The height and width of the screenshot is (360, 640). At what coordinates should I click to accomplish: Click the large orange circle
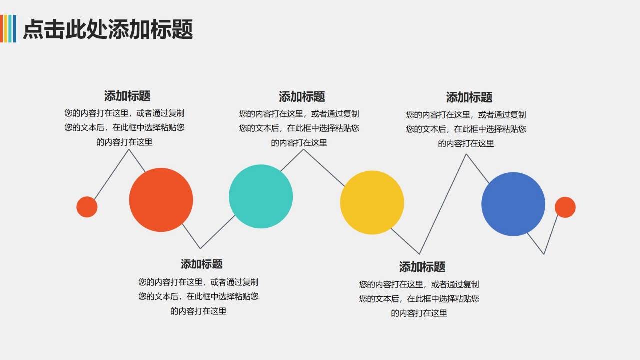[161, 200]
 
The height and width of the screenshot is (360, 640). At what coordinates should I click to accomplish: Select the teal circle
[261, 196]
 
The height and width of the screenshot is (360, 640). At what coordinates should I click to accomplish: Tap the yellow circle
[372, 202]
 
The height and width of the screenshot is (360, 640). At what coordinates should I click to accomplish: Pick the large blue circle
[513, 204]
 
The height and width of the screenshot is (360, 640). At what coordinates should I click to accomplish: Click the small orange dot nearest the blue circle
[565, 207]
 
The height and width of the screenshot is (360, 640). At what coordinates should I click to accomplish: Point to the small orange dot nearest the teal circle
[87, 207]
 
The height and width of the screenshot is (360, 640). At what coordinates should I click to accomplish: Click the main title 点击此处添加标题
[108, 29]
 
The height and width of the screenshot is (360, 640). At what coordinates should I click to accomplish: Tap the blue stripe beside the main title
[14, 28]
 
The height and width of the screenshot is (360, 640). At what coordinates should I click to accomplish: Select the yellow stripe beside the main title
[6, 28]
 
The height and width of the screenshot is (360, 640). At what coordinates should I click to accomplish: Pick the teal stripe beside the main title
[10, 28]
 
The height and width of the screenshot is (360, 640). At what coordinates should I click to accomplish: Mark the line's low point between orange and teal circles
[200, 248]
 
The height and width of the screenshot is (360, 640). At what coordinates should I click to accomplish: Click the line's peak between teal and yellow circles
[303, 149]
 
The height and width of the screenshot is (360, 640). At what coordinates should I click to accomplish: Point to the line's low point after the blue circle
[544, 254]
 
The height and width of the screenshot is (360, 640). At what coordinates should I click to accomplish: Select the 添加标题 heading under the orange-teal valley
[202, 264]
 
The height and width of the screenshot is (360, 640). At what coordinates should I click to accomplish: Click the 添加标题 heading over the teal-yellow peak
[302, 96]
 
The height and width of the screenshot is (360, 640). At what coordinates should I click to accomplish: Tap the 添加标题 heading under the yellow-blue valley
[422, 267]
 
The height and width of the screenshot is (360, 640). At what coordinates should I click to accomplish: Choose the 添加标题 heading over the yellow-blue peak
[469, 97]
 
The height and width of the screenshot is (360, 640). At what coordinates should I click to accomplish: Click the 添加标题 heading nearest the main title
[127, 96]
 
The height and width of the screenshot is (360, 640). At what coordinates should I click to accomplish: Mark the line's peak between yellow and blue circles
[466, 154]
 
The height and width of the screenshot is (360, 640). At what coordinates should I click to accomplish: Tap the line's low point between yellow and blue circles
[419, 254]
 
